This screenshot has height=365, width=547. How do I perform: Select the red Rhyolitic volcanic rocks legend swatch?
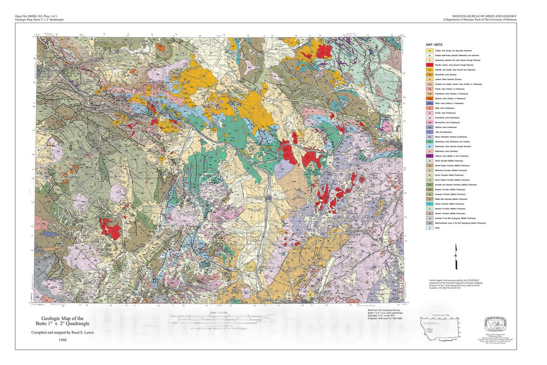[429, 65]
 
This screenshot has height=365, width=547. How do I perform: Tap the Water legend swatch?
[429, 228]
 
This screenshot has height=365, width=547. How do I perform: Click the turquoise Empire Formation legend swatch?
[429, 204]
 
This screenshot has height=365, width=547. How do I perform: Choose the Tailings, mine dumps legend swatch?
[429, 51]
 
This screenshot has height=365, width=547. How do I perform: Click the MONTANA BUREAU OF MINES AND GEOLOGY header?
[479, 17]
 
